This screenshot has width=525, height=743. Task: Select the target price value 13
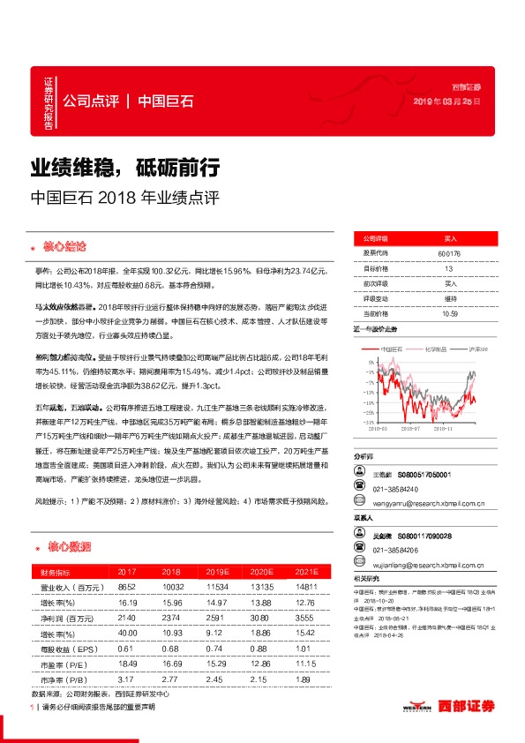449,268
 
